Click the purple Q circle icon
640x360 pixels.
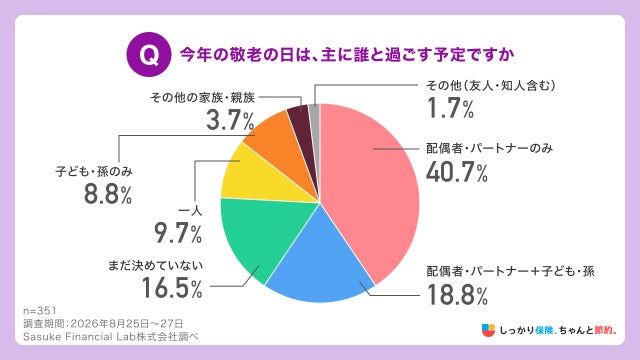click(x=149, y=54)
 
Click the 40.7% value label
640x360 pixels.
click(x=457, y=173)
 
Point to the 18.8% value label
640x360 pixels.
click(x=457, y=295)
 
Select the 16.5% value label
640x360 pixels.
click(x=172, y=288)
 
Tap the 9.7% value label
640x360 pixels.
click(x=178, y=233)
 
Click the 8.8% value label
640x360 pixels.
click(x=108, y=194)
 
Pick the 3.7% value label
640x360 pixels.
click(x=230, y=121)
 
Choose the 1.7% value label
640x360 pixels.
click(x=450, y=108)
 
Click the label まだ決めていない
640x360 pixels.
click(x=156, y=265)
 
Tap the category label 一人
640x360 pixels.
click(x=190, y=211)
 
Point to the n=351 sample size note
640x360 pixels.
click(x=40, y=311)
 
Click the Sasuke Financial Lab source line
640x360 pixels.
click(x=111, y=337)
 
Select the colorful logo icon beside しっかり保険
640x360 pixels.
click(x=488, y=330)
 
